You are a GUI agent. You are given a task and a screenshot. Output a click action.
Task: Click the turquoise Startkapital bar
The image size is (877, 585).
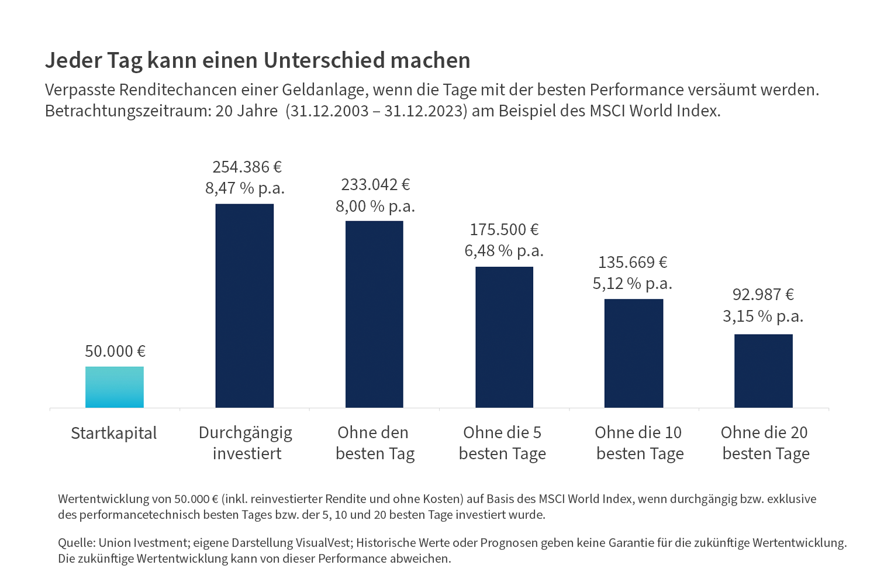tap(115, 387)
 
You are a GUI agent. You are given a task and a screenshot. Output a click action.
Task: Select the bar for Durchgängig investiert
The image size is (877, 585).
tap(244, 305)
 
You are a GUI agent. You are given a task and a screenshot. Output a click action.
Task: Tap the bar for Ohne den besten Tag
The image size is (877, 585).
tap(374, 314)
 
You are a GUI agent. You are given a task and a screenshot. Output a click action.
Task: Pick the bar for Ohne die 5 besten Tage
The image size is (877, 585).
tap(504, 337)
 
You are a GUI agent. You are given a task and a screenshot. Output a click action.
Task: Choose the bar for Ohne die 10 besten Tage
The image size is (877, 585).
tap(634, 353)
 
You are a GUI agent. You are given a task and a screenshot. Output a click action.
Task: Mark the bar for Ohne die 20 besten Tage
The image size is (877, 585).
tap(764, 371)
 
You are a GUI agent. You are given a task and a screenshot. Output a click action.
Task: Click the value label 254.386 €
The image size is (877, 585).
tap(247, 167)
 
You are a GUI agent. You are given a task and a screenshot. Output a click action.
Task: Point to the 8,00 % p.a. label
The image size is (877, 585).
tap(375, 207)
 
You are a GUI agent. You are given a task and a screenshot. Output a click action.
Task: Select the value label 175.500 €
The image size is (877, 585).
tap(504, 229)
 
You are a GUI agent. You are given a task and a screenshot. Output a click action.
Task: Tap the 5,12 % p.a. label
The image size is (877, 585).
tap(633, 284)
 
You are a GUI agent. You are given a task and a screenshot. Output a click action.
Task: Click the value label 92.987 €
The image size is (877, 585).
tap(763, 294)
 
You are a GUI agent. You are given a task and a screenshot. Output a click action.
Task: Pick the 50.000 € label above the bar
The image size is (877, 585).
tap(115, 351)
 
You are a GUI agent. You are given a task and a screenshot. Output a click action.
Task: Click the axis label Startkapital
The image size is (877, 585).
tap(114, 433)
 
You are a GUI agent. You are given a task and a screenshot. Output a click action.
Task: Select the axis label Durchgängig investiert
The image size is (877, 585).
tap(246, 443)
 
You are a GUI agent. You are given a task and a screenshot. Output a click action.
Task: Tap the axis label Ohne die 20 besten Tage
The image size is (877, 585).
tap(765, 443)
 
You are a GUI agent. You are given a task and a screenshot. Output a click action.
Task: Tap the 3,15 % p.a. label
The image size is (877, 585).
tap(763, 316)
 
